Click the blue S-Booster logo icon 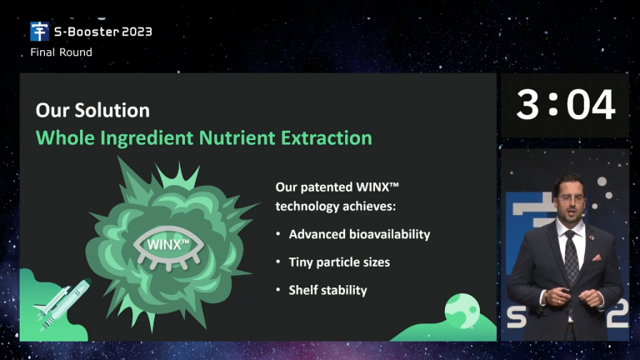pyautogui.click(x=40, y=32)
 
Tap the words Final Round pyautogui.click(x=61, y=52)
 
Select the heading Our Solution pyautogui.click(x=92, y=110)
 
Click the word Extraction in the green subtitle pyautogui.click(x=327, y=138)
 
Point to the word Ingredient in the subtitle pyautogui.click(x=147, y=138)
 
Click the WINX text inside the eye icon pyautogui.click(x=167, y=245)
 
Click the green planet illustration pyautogui.click(x=462, y=311)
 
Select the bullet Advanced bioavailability pyautogui.click(x=359, y=234)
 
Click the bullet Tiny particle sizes pyautogui.click(x=339, y=262)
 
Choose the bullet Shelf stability pyautogui.click(x=327, y=290)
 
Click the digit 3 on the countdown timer pyautogui.click(x=527, y=105)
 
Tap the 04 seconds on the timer pyautogui.click(x=591, y=105)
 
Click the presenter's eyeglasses pyautogui.click(x=571, y=198)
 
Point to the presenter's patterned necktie pyautogui.click(x=572, y=257)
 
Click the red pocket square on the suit pyautogui.click(x=597, y=257)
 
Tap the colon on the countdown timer pyautogui.click(x=553, y=104)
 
